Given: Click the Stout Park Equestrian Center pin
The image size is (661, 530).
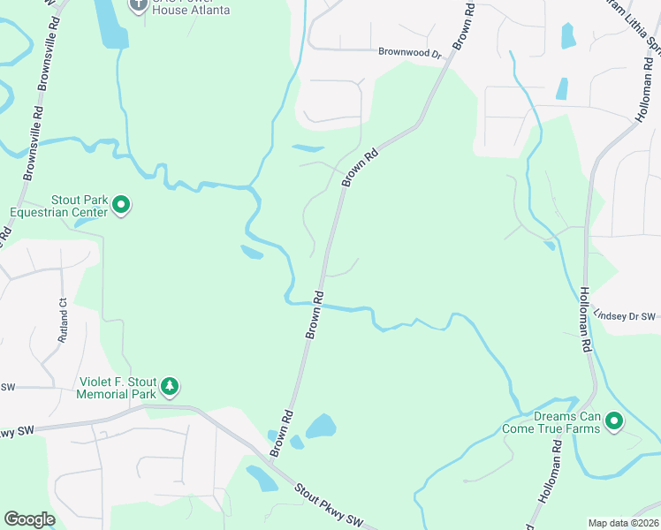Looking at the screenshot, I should click(x=121, y=207).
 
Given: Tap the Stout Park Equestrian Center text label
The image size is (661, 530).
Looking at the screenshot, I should click(x=58, y=206).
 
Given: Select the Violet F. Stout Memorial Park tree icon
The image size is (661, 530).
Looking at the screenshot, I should click(x=170, y=386).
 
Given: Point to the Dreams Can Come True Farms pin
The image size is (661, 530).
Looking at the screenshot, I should click(x=613, y=422).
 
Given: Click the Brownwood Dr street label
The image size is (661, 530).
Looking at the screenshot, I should click(x=409, y=53).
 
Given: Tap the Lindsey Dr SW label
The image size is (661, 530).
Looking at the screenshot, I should click(x=625, y=315).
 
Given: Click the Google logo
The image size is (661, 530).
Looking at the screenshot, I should click(x=29, y=519).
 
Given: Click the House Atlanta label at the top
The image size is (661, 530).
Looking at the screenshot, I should click(x=191, y=10).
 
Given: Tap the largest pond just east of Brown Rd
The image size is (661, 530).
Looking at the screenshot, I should click(x=321, y=427).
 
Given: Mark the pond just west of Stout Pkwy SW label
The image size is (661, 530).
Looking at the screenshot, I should click(x=262, y=479).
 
